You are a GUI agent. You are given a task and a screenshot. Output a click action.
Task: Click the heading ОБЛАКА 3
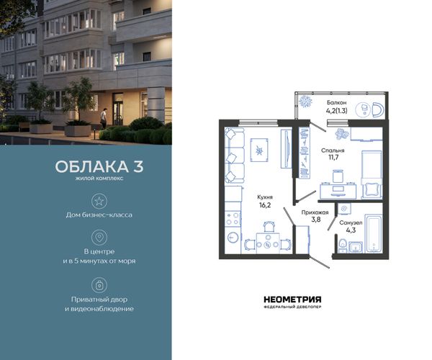click(99, 166)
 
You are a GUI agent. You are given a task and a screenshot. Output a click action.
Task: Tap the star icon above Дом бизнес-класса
click(99, 201)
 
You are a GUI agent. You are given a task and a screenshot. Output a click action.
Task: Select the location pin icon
click(99, 238)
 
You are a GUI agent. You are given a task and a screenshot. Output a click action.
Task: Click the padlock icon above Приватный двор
click(99, 285)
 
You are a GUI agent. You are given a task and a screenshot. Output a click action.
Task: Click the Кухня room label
click(265, 197)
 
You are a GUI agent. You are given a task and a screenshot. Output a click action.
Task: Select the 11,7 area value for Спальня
click(333, 158)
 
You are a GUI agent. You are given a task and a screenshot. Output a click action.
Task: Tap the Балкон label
click(336, 102)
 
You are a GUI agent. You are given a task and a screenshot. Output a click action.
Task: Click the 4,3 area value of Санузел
click(351, 230)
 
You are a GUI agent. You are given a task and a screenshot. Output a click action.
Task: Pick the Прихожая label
click(315, 212)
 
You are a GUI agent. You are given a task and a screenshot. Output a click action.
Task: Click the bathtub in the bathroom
click(373, 233)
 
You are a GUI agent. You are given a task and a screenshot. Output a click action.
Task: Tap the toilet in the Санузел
click(343, 246)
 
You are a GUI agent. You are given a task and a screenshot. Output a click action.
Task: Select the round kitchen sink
click(233, 237)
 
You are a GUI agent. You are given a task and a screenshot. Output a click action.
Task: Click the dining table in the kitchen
click(268, 243)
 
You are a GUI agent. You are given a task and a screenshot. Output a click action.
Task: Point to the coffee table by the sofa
click(259, 150)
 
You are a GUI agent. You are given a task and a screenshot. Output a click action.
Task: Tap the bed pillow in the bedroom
click(372, 190)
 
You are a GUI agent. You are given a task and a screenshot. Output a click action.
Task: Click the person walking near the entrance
click(103, 119)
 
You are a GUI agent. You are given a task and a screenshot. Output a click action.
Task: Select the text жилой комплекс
click(99, 179)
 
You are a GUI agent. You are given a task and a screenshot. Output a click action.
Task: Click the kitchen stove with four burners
click(233, 219)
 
